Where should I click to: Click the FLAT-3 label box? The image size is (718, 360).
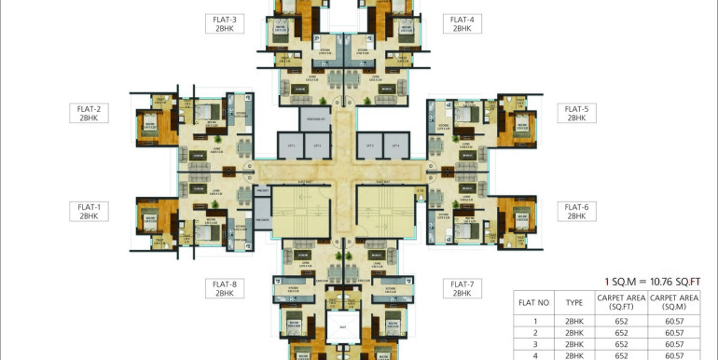(225, 23)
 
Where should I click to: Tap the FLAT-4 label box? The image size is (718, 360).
(462, 23)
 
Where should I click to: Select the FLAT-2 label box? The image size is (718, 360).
(90, 113)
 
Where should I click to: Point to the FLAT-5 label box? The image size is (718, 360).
(575, 113)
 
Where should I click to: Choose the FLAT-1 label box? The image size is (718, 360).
(90, 211)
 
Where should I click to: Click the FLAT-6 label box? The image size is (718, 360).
(575, 211)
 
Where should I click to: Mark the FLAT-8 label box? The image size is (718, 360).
(225, 288)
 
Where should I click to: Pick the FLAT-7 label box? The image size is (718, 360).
(462, 288)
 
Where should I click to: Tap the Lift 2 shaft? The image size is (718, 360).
(317, 146)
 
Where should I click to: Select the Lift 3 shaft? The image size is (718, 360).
(370, 146)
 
